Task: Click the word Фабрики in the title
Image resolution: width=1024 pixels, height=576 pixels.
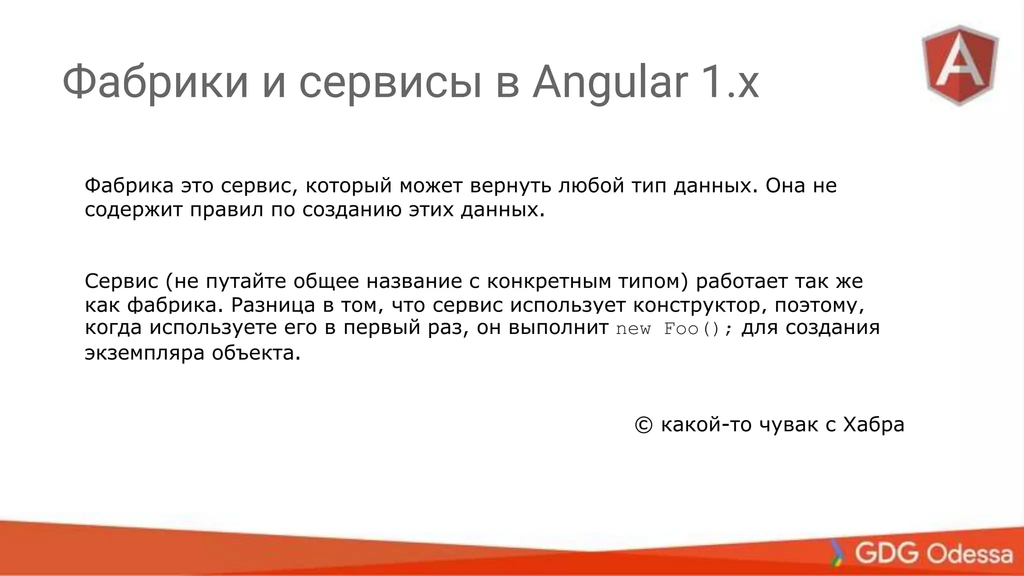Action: tap(155, 83)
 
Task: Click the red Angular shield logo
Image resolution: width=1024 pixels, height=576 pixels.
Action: tap(960, 65)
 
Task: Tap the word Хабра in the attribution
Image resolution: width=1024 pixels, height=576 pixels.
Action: tap(873, 425)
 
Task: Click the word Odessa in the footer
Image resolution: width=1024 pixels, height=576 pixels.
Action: tap(970, 554)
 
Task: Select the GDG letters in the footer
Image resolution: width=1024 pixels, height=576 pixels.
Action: tap(886, 553)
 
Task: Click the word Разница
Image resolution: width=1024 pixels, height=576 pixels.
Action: tap(273, 305)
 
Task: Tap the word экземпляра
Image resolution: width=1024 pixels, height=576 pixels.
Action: tap(144, 353)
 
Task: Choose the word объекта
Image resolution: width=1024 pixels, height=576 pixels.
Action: tap(256, 353)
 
